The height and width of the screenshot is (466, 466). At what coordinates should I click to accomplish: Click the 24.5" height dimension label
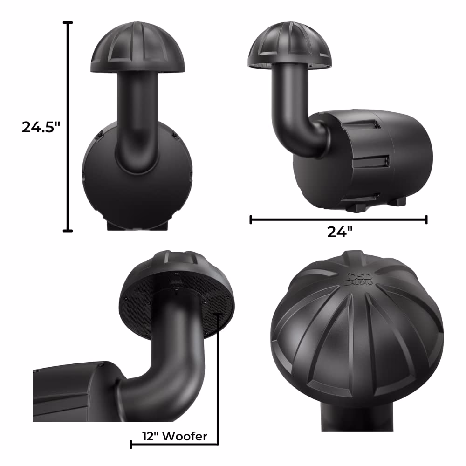[41, 127]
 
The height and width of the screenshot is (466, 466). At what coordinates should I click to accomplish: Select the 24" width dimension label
[339, 232]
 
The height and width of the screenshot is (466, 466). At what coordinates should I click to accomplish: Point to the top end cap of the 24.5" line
[69, 22]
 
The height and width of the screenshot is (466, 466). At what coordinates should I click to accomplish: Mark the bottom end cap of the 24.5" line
[69, 230]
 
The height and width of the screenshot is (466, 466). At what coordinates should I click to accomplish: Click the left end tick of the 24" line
[251, 219]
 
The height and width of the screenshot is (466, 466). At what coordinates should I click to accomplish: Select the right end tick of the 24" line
[426, 219]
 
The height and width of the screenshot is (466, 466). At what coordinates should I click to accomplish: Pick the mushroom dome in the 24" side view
[289, 46]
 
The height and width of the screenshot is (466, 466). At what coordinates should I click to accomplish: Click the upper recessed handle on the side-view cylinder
[363, 123]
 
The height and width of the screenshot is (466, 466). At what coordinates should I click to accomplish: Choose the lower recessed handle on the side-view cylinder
[370, 161]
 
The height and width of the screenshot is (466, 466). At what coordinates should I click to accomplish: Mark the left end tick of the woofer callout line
[131, 445]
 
